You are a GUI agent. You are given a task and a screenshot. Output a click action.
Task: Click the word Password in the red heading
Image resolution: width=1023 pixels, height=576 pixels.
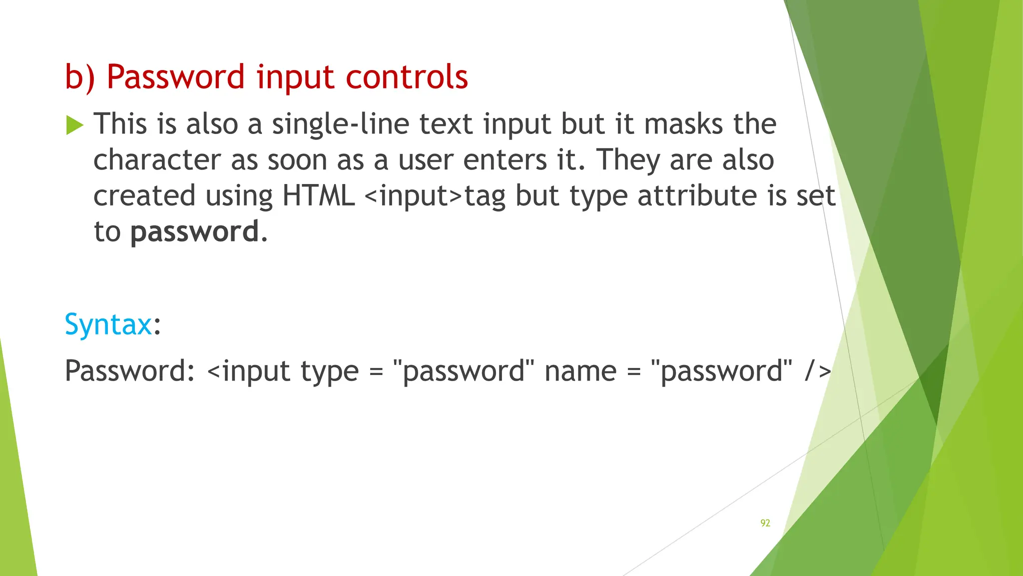tap(175, 77)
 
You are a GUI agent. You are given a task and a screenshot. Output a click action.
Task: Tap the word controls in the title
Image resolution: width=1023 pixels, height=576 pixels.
tap(407, 77)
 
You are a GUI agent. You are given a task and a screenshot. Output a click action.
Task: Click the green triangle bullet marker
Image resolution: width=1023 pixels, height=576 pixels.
tap(74, 125)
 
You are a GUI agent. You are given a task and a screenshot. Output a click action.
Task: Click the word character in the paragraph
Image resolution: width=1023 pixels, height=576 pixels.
tap(157, 160)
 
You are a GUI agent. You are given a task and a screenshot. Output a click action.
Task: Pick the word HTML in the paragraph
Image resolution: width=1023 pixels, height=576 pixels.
tap(318, 195)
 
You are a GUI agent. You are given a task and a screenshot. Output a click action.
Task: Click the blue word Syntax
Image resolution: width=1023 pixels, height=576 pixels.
tap(108, 324)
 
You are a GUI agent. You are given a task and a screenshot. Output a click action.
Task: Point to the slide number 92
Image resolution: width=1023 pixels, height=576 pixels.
tap(765, 523)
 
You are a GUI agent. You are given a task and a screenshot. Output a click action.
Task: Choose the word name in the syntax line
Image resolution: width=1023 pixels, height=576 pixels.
tap(580, 371)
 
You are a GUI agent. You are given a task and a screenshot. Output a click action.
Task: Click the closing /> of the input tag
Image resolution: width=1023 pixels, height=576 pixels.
tap(818, 371)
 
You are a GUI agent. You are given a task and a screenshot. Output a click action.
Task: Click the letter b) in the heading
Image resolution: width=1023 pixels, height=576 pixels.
tap(80, 77)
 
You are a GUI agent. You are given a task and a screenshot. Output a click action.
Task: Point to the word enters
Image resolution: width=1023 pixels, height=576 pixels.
tap(505, 160)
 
